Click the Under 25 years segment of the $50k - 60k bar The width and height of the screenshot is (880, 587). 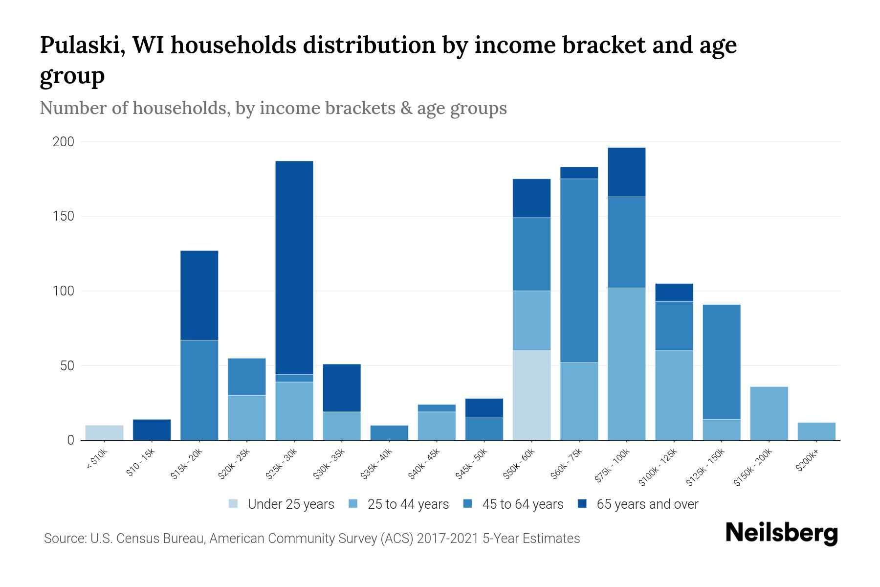point(531,395)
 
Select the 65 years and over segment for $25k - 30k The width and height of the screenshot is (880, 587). point(294,268)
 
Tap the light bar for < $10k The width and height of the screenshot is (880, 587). point(104,433)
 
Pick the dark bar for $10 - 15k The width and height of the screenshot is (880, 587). point(152,430)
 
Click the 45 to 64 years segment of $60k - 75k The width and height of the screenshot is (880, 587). point(579,271)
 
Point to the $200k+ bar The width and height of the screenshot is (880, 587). point(816,431)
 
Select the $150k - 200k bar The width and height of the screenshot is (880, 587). point(769,414)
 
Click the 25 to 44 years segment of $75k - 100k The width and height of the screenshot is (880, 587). point(626,364)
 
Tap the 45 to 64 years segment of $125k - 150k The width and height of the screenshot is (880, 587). point(722,362)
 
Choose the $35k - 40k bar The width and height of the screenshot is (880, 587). point(389,433)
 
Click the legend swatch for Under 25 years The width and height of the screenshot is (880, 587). point(234,504)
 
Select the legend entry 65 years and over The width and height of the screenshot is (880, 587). point(647,504)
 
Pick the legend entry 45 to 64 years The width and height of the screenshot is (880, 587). point(522,504)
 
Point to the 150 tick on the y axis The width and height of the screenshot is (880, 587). point(63,216)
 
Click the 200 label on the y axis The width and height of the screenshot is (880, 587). point(63,142)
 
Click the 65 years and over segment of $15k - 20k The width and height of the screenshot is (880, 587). point(199,295)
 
